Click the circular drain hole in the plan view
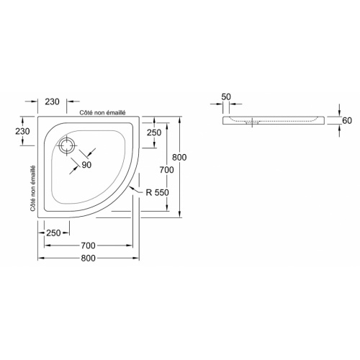[x=68, y=145]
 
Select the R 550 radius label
[x=157, y=192]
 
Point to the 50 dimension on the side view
[x=227, y=96]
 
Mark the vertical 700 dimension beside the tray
[x=167, y=169]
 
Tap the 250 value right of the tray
[x=153, y=133]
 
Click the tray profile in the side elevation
[x=281, y=120]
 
